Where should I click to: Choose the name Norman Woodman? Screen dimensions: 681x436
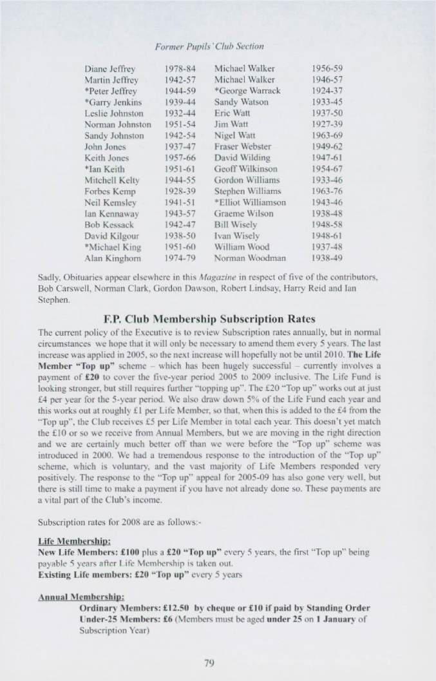(x=245, y=247)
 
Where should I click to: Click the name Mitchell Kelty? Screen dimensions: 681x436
(x=111, y=180)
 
